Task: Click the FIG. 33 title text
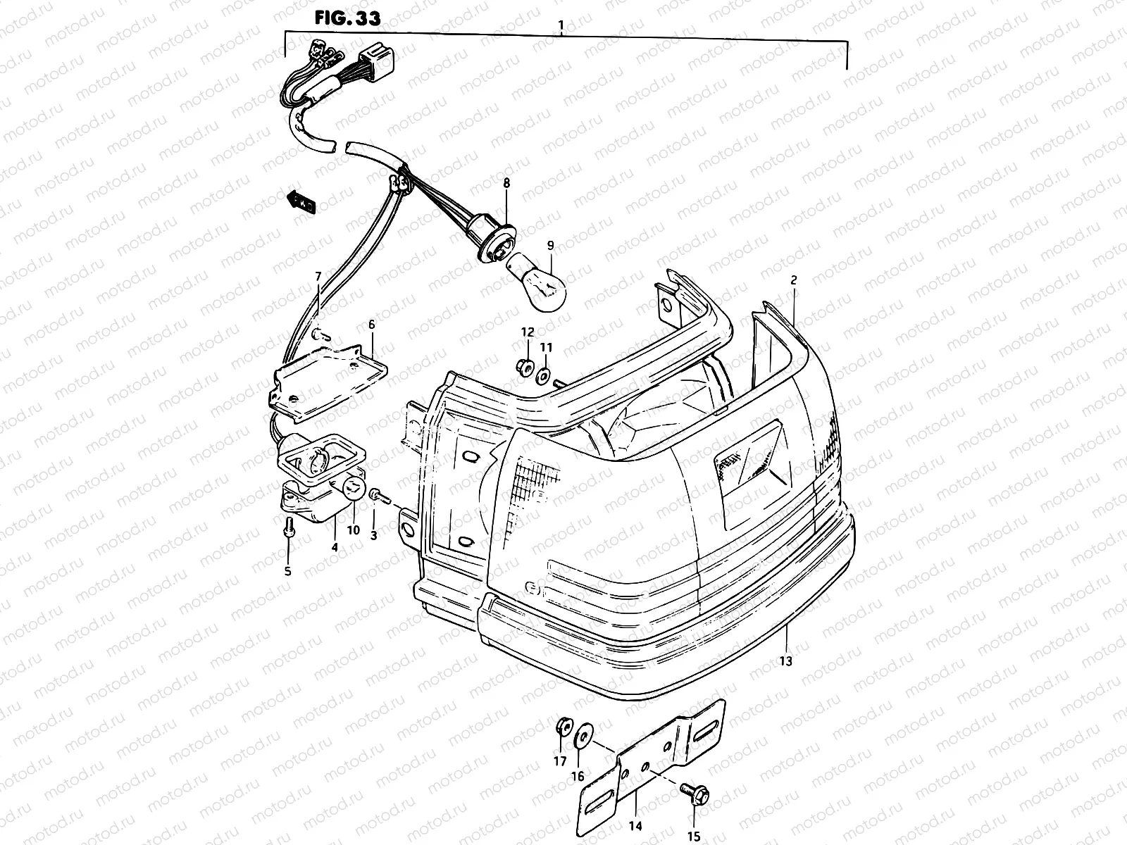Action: (x=347, y=18)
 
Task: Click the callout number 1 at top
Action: (x=561, y=26)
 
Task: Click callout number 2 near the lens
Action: (x=793, y=280)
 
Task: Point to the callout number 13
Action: (x=786, y=661)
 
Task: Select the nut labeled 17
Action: (x=563, y=727)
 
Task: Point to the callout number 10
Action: (x=353, y=530)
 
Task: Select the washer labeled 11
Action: (x=544, y=376)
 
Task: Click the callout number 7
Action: (x=318, y=276)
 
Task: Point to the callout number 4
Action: (x=334, y=547)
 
